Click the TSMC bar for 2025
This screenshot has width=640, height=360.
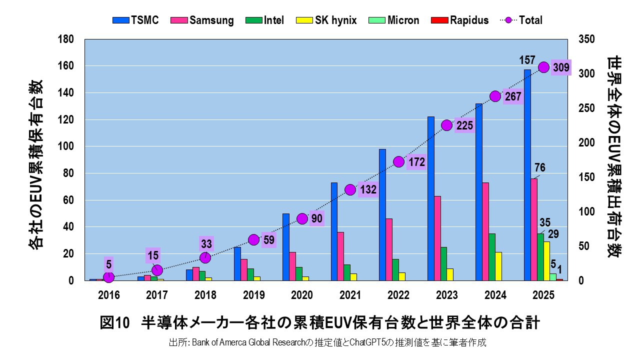click(x=527, y=175)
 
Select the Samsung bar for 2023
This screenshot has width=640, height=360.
click(x=437, y=238)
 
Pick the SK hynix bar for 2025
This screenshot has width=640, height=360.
click(x=546, y=261)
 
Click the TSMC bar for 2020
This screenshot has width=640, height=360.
click(x=285, y=247)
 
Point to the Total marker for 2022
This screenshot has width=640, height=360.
click(x=398, y=161)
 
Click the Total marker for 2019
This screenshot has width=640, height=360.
click(x=253, y=239)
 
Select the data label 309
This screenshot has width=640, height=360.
click(x=561, y=67)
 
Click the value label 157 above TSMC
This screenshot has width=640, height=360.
click(x=527, y=60)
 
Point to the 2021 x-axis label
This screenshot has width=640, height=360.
click(x=350, y=295)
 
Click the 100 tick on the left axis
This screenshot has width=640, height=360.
click(x=66, y=146)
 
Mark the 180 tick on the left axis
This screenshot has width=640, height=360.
click(x=66, y=39)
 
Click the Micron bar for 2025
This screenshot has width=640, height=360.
click(x=553, y=277)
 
